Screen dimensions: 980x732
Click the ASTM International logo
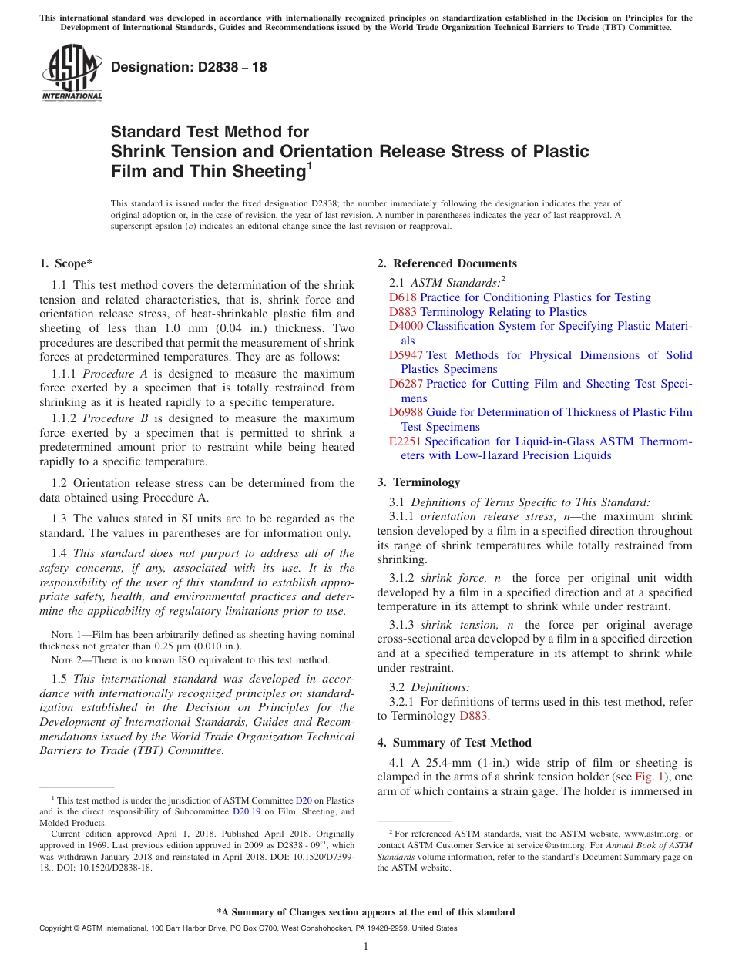[72, 74]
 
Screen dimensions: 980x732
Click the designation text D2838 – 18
[189, 67]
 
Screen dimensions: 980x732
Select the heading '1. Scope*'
[66, 263]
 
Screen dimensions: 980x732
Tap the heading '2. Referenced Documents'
[446, 263]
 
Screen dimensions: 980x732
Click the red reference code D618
[402, 297]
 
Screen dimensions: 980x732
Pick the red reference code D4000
[405, 326]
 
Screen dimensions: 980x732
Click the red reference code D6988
[405, 412]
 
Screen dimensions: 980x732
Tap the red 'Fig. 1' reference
[646, 777]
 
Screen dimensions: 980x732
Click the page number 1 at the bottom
[366, 947]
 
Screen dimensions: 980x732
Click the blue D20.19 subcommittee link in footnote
[247, 811]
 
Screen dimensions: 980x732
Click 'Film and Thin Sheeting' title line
[208, 172]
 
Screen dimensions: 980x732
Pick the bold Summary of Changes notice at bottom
[365, 912]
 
